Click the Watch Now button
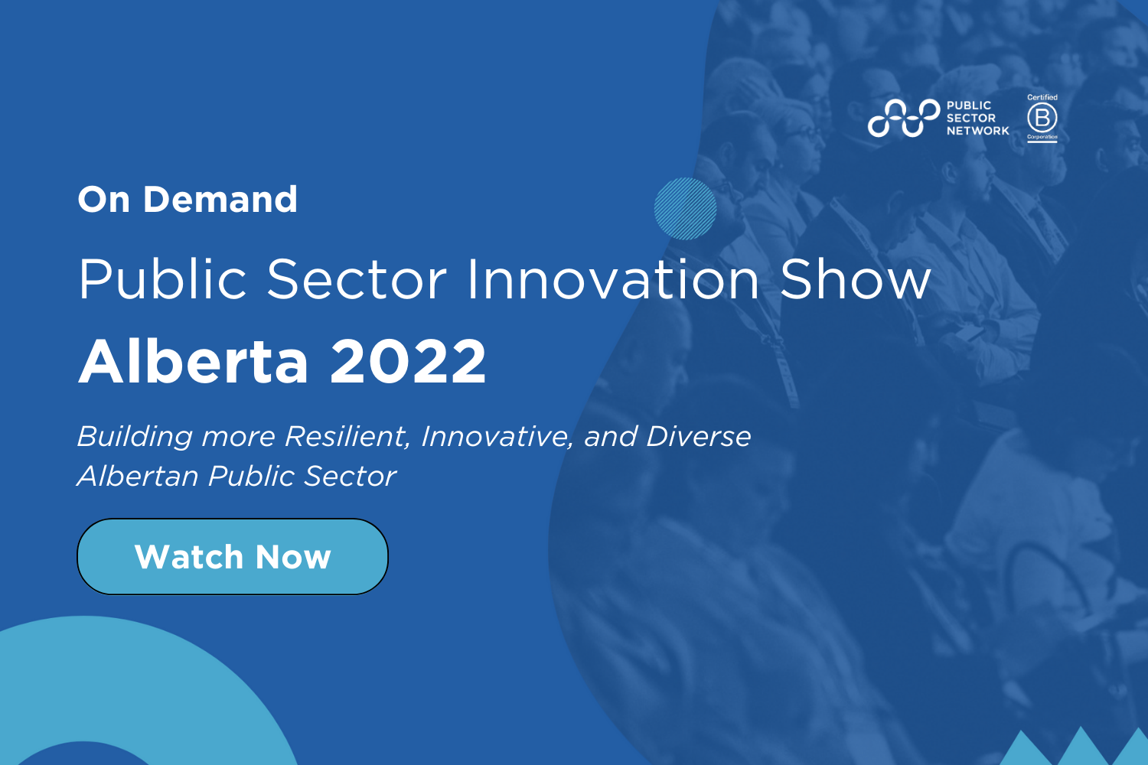[233, 557]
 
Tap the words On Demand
[188, 200]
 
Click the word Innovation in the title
[612, 279]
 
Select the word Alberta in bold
[194, 362]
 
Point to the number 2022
[408, 362]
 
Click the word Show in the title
[855, 279]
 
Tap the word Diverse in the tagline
[698, 437]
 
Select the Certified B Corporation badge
[1042, 118]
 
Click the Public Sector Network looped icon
[903, 118]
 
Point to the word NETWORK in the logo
[977, 131]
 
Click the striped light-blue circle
[685, 209]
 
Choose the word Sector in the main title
[357, 279]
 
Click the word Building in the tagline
[135, 437]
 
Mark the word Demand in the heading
[220, 200]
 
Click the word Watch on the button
[188, 557]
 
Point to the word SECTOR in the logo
[970, 118]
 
